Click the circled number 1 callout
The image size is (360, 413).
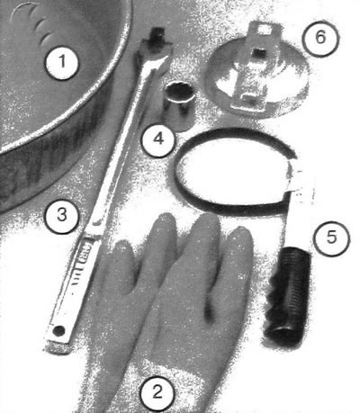point(62,62)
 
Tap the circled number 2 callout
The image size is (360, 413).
point(157,392)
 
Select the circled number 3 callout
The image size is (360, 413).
point(62,215)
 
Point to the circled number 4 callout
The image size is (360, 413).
point(158,139)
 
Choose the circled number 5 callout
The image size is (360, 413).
point(331,238)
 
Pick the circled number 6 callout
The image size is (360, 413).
point(320,38)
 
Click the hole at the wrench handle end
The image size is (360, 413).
point(58,330)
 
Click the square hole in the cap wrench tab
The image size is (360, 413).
point(263,31)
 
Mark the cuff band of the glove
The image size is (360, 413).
point(162,366)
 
